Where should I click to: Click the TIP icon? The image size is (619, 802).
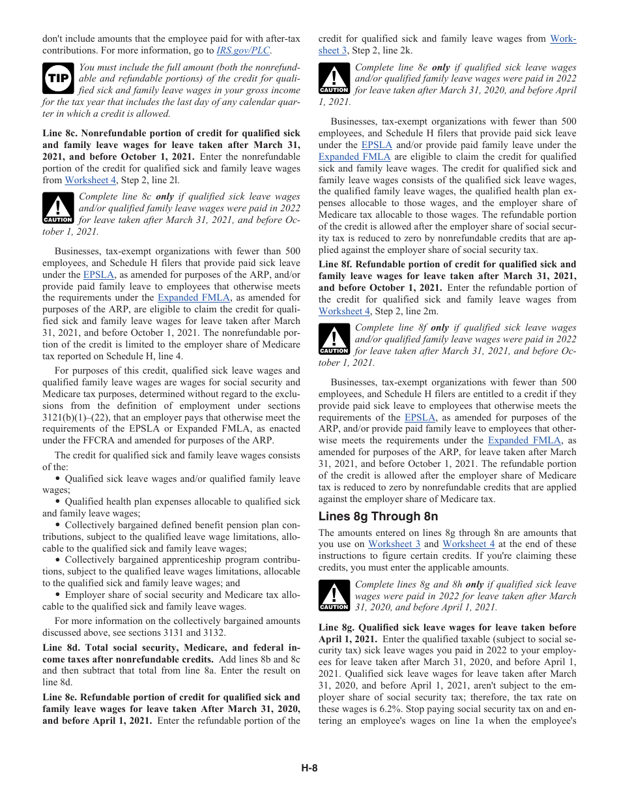[x=57, y=79]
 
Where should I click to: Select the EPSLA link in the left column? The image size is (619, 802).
[x=98, y=275]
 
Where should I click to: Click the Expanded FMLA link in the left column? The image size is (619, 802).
[x=194, y=298]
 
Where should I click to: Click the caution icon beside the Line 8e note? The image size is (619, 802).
[x=334, y=79]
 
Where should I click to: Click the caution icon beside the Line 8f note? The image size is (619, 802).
[x=334, y=339]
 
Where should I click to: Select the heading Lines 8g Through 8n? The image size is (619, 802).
[x=378, y=516]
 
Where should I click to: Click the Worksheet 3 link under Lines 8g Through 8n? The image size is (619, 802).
[x=394, y=544]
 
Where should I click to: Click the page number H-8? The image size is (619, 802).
[x=309, y=768]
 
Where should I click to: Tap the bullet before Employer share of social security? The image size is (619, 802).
[x=58, y=595]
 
